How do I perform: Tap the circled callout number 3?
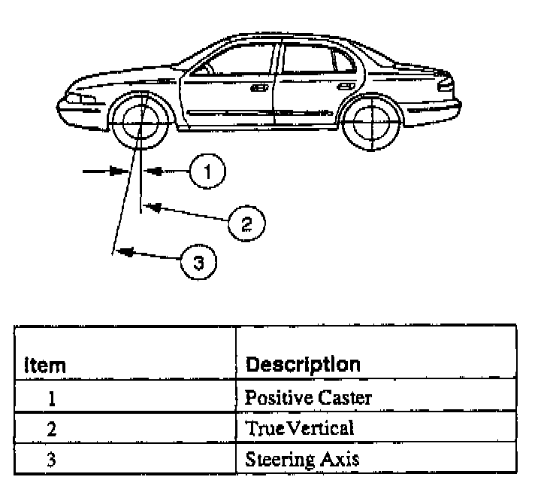pyautogui.click(x=198, y=262)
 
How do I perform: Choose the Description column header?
pyautogui.click(x=303, y=365)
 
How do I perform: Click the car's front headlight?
pyautogui.click(x=81, y=98)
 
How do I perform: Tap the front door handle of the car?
pyautogui.click(x=261, y=87)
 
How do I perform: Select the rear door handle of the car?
pyautogui.click(x=346, y=87)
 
